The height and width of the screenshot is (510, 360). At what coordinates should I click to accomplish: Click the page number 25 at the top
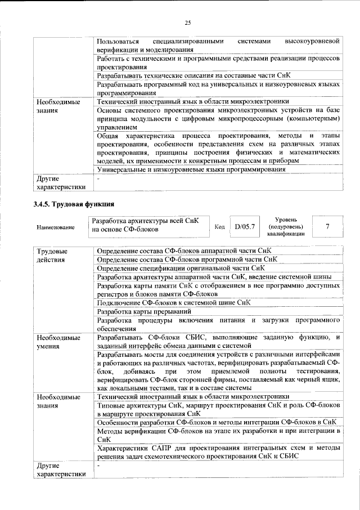(x=188, y=23)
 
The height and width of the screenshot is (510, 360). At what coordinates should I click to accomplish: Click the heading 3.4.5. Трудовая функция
(x=74, y=203)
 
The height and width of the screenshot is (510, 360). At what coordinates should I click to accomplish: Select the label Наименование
(x=55, y=227)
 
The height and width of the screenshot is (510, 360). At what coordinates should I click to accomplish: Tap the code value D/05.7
(x=245, y=226)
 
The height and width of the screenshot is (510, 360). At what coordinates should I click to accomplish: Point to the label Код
(x=220, y=227)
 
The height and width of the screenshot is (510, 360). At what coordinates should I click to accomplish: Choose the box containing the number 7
(x=327, y=226)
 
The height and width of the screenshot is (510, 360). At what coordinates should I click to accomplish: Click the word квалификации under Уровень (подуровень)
(x=286, y=234)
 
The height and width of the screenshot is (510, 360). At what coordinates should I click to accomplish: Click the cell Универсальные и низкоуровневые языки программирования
(x=191, y=169)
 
